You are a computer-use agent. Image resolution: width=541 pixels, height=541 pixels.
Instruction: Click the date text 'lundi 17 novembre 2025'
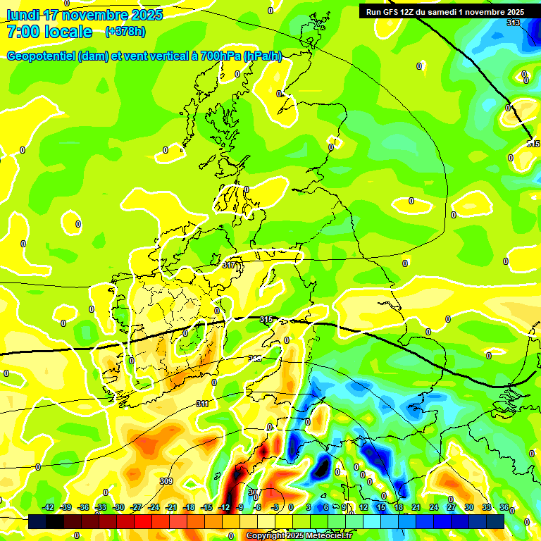[85, 15]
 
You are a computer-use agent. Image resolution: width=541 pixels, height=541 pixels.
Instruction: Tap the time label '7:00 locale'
[49, 32]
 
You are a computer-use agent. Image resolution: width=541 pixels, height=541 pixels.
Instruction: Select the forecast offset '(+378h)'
[125, 32]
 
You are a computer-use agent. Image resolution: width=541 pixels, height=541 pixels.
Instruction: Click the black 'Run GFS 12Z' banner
[444, 11]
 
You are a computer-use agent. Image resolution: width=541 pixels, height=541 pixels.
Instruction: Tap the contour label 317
[229, 266]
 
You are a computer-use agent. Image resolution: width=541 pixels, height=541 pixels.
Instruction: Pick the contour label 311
[203, 404]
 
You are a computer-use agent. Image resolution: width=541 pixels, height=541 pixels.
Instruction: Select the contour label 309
[166, 481]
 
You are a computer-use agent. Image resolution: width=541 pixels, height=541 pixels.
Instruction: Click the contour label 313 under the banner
[513, 23]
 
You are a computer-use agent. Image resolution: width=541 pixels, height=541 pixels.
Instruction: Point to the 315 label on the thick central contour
[266, 320]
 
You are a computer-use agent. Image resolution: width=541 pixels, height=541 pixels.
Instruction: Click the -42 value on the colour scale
[49, 507]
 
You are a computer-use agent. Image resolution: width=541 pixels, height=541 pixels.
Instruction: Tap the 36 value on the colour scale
[504, 507]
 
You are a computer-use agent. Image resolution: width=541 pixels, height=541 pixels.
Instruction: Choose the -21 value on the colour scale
[170, 507]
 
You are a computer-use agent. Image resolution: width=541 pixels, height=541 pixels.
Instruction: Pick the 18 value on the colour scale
[399, 507]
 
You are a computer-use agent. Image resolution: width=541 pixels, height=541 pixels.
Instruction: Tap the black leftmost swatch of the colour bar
[37, 521]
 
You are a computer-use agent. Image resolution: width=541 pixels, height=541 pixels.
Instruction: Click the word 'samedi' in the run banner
[448, 11]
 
